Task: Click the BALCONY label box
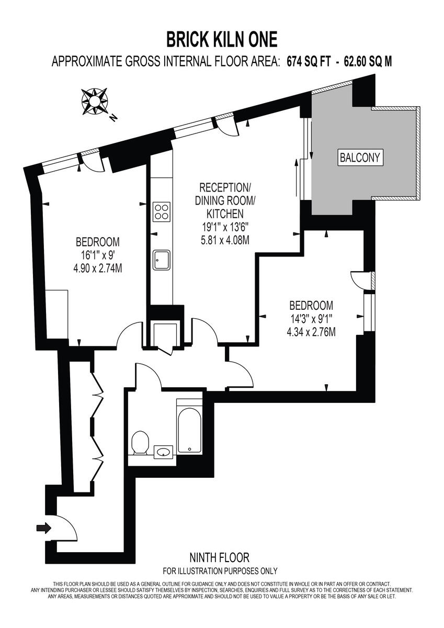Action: coord(361,156)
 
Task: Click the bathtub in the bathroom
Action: coord(189,427)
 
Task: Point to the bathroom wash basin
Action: coord(164,451)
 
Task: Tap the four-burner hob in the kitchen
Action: coord(162,211)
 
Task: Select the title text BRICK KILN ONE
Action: coord(222,39)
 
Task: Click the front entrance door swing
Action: coord(65,529)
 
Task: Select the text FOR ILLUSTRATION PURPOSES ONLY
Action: coord(220,571)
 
